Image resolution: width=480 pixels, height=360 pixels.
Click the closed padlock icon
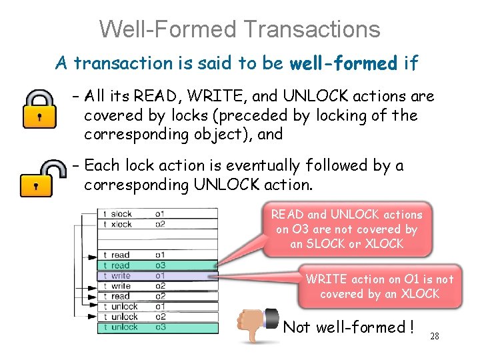pos(40,108)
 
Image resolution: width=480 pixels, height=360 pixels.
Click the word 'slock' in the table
pos(121,214)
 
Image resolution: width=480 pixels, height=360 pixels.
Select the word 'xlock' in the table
pos(121,224)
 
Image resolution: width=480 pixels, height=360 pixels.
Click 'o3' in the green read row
pos(160,265)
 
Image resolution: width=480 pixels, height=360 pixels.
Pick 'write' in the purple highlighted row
pos(121,275)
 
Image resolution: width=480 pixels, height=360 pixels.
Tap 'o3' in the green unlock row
pos(160,327)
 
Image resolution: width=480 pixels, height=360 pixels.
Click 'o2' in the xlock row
pos(160,224)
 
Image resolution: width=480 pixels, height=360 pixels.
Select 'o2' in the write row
pos(160,286)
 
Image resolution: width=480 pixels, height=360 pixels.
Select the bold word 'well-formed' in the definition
pos(343,63)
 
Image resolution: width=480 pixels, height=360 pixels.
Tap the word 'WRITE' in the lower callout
pos(327,279)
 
